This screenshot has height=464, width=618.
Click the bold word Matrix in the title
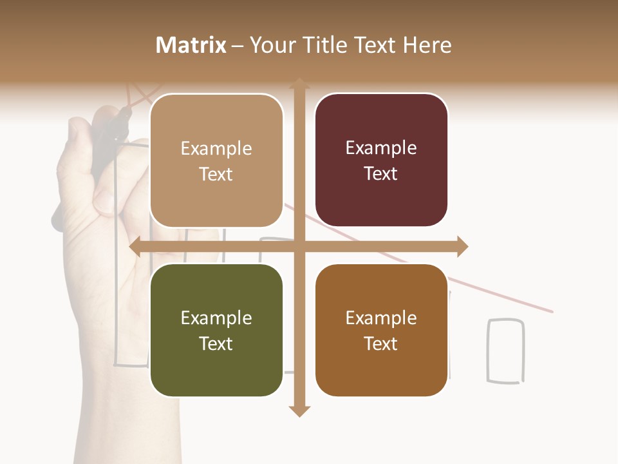tap(191, 45)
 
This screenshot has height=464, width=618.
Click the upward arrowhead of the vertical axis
tap(299, 84)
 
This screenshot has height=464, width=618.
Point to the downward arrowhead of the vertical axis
tap(299, 411)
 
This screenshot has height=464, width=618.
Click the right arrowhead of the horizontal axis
tap(462, 247)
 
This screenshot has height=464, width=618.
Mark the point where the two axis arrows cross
tap(299, 247)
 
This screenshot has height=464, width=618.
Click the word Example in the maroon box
tap(381, 148)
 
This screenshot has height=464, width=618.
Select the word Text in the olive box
tap(216, 343)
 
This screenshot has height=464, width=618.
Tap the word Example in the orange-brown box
tap(381, 318)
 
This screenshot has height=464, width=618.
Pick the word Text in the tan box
tap(216, 174)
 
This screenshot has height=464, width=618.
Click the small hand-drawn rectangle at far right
tap(505, 351)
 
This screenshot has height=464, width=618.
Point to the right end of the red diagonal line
tap(551, 312)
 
